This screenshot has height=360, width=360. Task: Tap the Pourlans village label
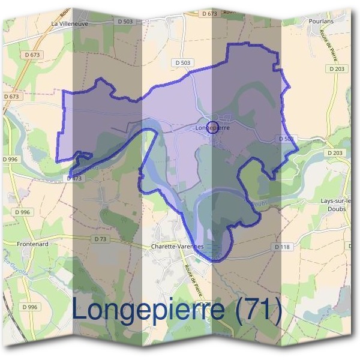click(x=321, y=21)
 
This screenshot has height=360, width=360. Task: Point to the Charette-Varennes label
click(x=178, y=247)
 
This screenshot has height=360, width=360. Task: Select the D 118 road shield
click(x=282, y=247)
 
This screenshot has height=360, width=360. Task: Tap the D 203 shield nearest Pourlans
click(x=338, y=69)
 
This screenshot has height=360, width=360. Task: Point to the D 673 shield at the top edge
click(x=209, y=13)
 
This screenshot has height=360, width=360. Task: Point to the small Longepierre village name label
click(x=213, y=127)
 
